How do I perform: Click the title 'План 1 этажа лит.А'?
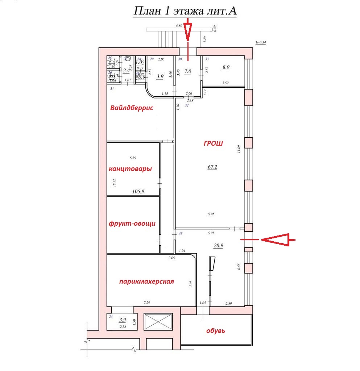point(185,11)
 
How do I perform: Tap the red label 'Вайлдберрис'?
point(132,108)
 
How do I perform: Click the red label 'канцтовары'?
point(130,169)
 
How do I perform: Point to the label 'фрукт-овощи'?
point(132,223)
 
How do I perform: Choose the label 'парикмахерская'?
point(146,282)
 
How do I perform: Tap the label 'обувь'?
point(216,330)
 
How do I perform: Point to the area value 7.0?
point(187,72)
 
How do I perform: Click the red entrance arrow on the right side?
point(277,239)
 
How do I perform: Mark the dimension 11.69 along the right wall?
point(239,149)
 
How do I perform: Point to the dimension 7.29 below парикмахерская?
point(147,302)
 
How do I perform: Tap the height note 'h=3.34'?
point(261,42)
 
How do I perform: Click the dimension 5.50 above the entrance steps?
point(178,26)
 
